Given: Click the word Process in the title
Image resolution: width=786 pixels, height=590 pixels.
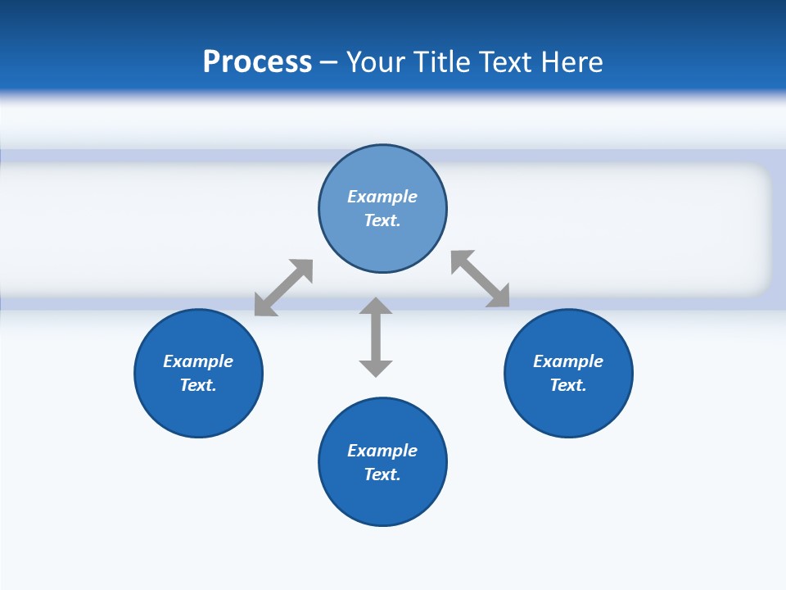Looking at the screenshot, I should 257,61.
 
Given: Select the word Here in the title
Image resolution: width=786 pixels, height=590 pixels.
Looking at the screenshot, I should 572,61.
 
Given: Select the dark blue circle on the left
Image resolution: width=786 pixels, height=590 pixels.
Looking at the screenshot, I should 198,410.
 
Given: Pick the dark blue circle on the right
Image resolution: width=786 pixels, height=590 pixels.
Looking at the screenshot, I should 568,410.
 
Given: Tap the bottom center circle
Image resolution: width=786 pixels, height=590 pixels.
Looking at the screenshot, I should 382,500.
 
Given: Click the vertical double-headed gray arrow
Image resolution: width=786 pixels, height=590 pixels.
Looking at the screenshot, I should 376,337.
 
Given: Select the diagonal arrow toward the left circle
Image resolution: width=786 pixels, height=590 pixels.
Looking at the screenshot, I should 283,288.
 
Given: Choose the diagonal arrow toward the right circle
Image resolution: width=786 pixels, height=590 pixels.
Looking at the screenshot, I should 481,279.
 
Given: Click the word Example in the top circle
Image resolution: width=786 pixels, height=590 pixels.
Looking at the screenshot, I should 382,197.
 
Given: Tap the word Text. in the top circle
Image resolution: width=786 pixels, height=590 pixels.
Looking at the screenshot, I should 382,220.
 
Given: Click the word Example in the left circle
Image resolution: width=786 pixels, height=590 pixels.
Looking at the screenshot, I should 198,361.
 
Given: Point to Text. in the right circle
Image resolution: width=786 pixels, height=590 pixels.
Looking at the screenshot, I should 568,385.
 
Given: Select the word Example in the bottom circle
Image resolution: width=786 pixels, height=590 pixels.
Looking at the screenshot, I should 382,451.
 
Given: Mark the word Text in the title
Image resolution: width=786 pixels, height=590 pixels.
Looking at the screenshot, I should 508,61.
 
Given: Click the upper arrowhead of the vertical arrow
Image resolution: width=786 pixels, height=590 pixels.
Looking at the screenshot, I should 376,307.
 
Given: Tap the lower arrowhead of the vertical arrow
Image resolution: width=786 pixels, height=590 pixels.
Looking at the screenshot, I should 376,367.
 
